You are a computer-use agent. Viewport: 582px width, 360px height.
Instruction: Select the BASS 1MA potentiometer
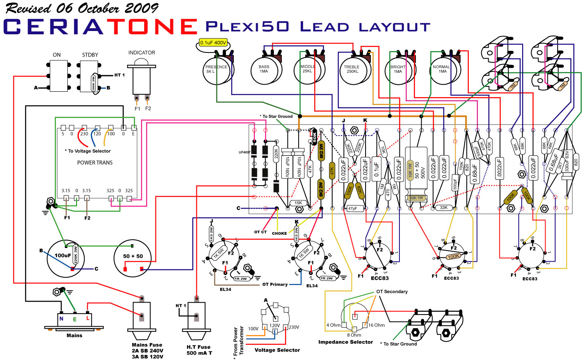point(264,70)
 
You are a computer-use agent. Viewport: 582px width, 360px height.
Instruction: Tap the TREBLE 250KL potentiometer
point(352,70)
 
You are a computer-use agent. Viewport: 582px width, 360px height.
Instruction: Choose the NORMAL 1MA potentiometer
point(442,70)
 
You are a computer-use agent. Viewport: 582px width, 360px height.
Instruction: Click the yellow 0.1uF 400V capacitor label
point(213,43)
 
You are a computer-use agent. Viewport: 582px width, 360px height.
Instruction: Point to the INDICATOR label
point(142,53)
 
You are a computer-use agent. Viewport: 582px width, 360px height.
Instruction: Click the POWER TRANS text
point(95,163)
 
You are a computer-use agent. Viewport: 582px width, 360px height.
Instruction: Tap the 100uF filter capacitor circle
point(66,259)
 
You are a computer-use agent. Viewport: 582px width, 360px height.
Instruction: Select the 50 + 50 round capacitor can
point(133,259)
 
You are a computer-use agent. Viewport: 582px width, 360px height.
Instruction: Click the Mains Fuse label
point(147,345)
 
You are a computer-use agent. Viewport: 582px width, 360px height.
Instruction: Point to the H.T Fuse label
point(199,347)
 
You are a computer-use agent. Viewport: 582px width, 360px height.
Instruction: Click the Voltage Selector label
point(277,350)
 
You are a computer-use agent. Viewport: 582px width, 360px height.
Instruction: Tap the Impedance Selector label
point(346,342)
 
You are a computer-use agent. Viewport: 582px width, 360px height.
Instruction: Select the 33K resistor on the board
point(444,208)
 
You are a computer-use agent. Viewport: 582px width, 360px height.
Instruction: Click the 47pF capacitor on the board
point(352,208)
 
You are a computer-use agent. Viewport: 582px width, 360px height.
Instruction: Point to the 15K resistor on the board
point(298,203)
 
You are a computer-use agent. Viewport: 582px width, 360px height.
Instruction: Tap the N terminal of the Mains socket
point(62,319)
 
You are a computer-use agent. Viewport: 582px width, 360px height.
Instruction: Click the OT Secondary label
point(392,292)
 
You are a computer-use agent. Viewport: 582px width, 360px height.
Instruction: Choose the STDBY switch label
point(90,55)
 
